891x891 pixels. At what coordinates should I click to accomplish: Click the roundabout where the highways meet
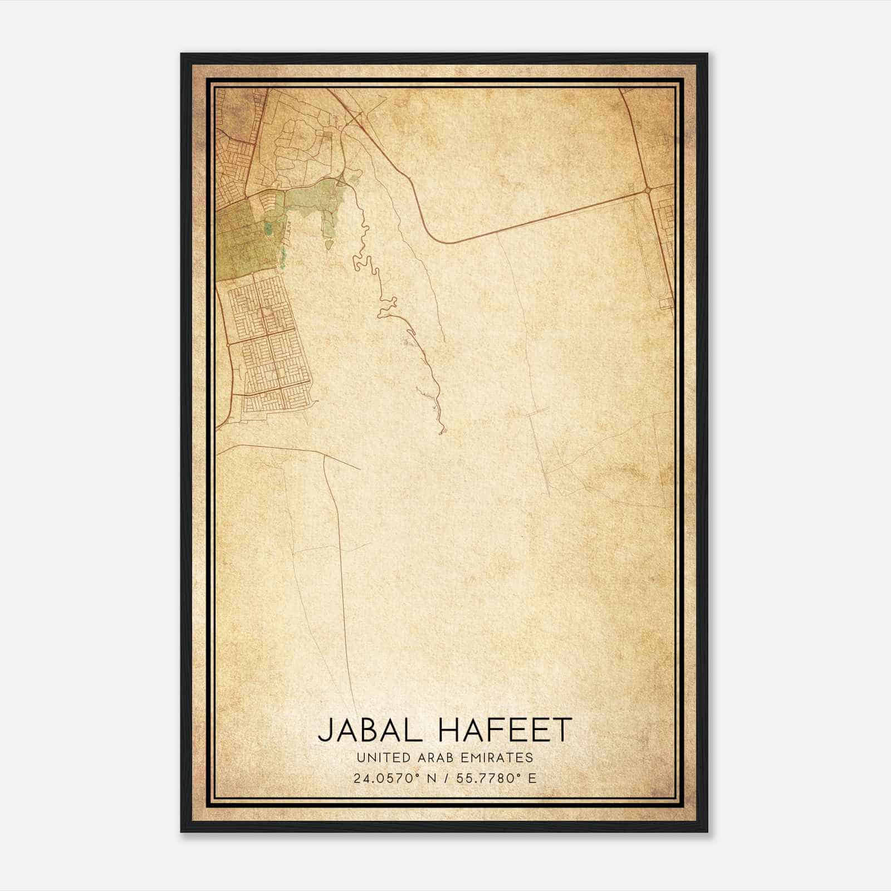(648, 190)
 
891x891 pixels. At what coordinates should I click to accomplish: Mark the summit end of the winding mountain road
(443, 432)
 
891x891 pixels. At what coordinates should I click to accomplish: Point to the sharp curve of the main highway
(440, 239)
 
